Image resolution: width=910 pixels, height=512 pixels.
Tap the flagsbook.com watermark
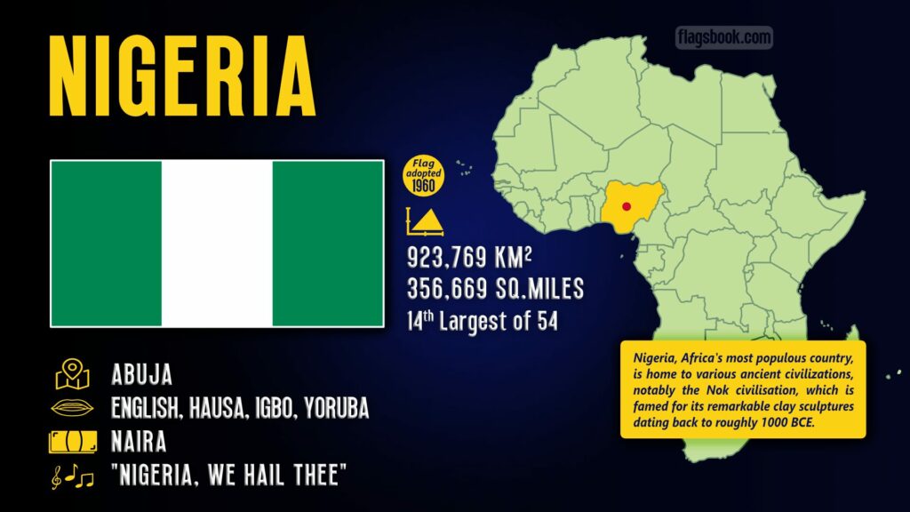pos(724,37)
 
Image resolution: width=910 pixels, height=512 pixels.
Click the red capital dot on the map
pos(627,206)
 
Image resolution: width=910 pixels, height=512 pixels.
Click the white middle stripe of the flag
pos(217,244)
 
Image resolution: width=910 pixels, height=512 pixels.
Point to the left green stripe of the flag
pos(107,244)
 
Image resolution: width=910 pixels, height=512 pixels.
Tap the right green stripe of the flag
pos(327,244)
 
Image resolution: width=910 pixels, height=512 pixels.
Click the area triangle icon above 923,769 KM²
pos(425,221)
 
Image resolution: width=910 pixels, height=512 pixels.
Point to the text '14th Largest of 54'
pos(483,320)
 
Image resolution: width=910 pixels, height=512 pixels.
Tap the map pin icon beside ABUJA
pos(73,375)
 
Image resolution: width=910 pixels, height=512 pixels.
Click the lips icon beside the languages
pos(73,409)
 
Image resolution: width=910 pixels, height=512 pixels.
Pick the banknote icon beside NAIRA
pos(73,442)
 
